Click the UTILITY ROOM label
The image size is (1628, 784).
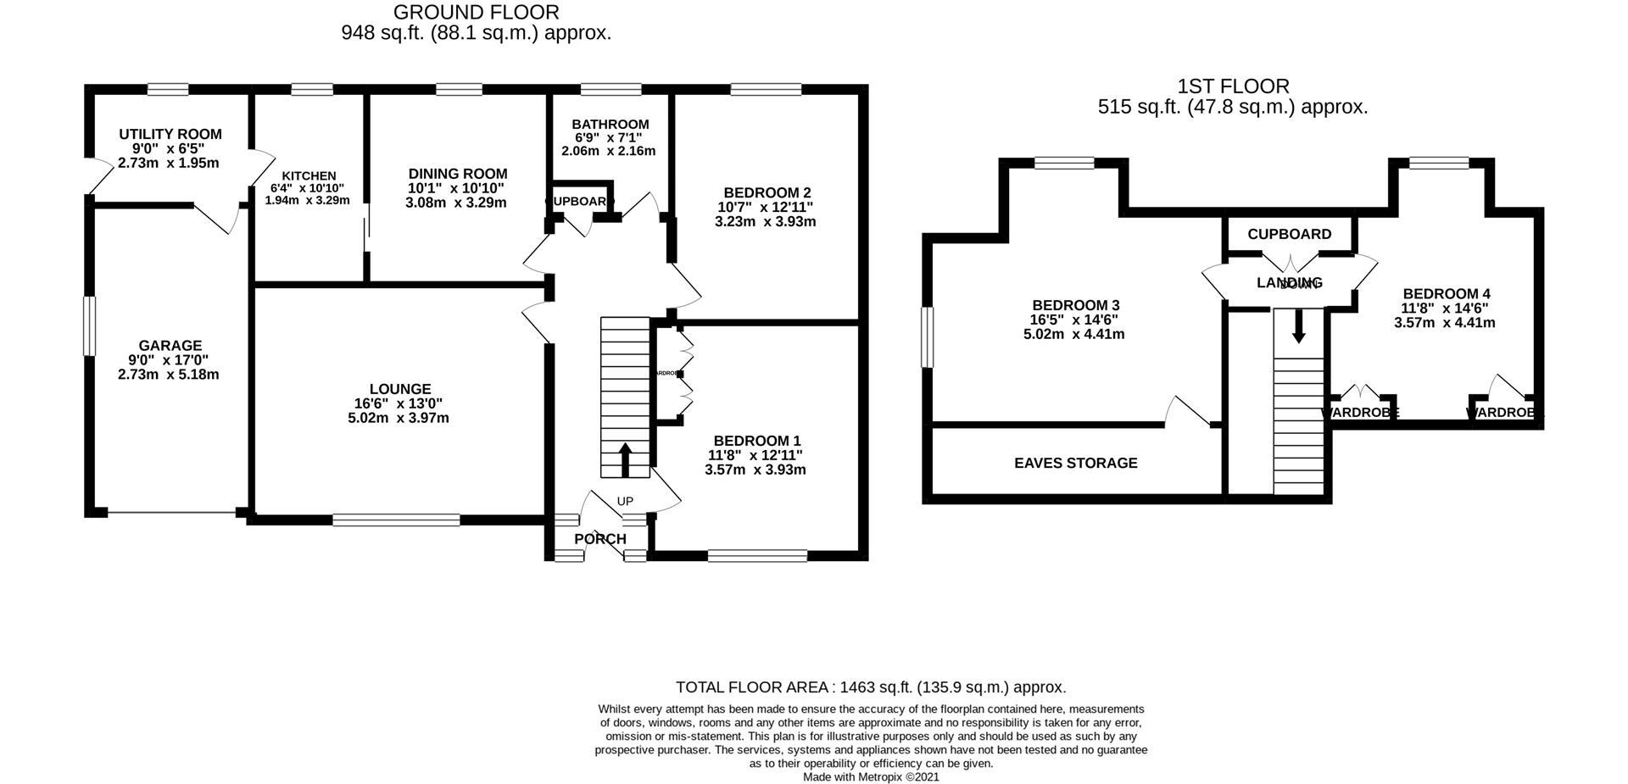coord(170,134)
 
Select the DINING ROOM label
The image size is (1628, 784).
coord(457,174)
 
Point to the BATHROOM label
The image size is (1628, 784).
coord(610,124)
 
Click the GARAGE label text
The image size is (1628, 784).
coord(170,345)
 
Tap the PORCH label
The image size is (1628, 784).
coord(600,539)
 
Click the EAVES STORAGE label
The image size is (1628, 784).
coord(1076,463)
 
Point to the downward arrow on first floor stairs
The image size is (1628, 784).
coord(1298,326)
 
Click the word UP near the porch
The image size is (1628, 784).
coord(625,501)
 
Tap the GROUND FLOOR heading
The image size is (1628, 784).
coord(477,13)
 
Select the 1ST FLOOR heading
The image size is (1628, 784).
coord(1233,86)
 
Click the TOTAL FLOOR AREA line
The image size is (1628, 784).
coord(871,687)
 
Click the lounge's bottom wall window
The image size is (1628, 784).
coord(396,520)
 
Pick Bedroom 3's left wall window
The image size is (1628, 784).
coord(927,337)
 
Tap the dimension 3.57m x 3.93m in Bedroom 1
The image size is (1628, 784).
coord(755,470)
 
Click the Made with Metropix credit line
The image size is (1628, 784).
coord(871,776)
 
